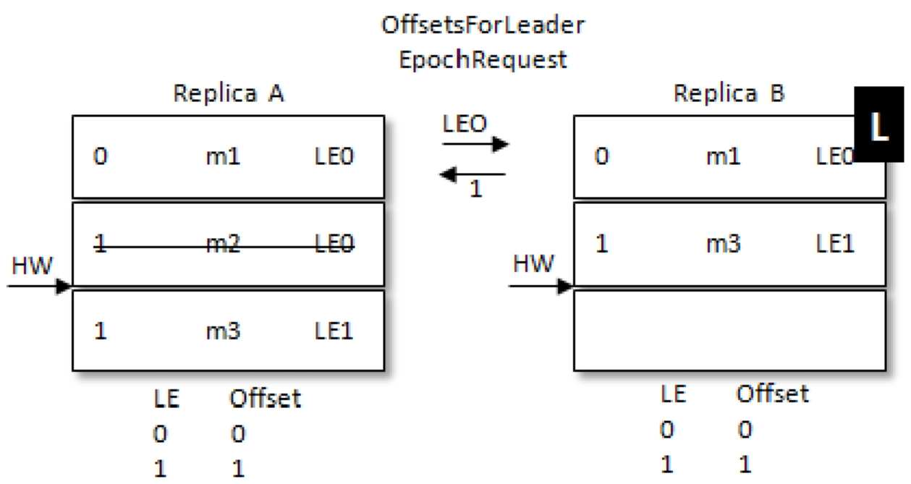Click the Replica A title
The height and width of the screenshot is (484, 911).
coord(229,93)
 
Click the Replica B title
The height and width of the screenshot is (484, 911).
coord(729,93)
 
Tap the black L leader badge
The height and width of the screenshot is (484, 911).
coord(879,124)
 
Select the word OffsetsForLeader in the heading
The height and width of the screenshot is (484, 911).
coord(483,25)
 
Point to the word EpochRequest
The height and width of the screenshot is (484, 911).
coord(483,60)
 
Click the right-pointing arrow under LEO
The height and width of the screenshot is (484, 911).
coord(475,144)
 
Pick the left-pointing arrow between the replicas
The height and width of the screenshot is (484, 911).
coord(473,174)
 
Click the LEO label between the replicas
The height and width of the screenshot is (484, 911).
coord(465,124)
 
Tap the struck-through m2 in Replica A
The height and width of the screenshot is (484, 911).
coord(224,245)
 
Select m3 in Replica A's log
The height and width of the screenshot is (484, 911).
coord(224,331)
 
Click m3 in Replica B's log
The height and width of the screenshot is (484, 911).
coord(724,244)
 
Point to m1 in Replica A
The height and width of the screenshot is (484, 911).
coord(224,156)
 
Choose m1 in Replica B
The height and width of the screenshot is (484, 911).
coord(724,156)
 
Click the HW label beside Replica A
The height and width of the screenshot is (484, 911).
coord(32,266)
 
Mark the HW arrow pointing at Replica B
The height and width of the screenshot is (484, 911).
coord(541,286)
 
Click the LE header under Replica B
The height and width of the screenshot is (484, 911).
coord(674,394)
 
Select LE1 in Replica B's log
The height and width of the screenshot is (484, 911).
coord(835,244)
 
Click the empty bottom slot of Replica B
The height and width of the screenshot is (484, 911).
coord(729,330)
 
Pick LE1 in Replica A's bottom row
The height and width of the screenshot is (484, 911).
coord(334,331)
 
